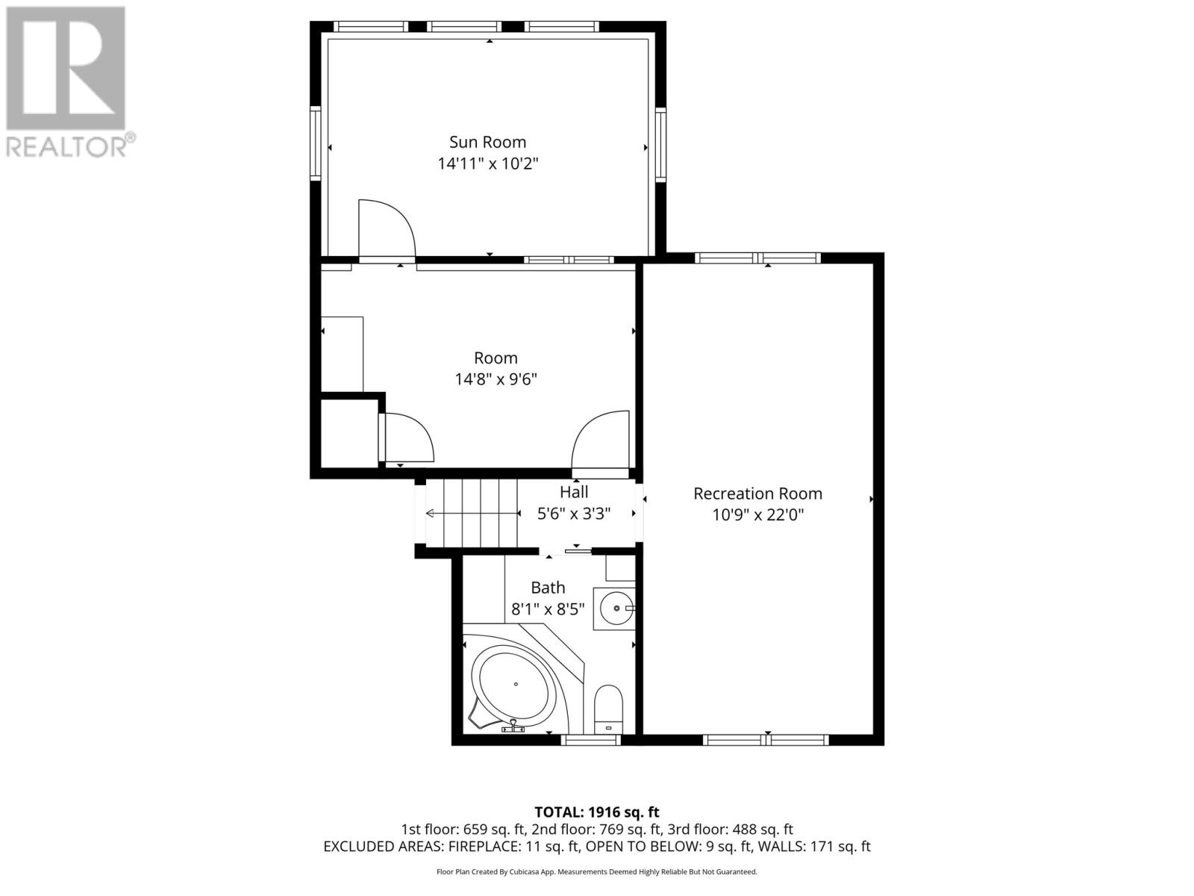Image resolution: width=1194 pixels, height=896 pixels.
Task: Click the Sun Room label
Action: (x=487, y=142)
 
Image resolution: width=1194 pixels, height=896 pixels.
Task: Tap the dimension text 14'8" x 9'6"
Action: (x=496, y=379)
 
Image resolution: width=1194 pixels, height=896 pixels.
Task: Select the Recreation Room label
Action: (x=757, y=494)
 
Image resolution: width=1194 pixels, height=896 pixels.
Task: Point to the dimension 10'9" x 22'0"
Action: (x=757, y=514)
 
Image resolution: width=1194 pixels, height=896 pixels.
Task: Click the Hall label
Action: (x=574, y=492)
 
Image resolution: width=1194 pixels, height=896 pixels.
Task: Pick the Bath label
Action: (x=548, y=588)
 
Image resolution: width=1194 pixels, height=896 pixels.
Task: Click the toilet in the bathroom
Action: (x=609, y=709)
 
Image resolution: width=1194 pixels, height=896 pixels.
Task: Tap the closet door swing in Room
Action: (x=407, y=438)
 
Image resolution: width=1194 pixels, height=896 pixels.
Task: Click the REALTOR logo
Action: (x=66, y=82)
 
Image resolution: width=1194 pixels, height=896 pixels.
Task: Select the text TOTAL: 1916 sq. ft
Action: (x=596, y=812)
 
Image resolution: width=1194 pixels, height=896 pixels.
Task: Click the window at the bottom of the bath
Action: (x=590, y=740)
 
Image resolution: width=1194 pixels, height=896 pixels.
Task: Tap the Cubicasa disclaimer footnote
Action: (x=596, y=871)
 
